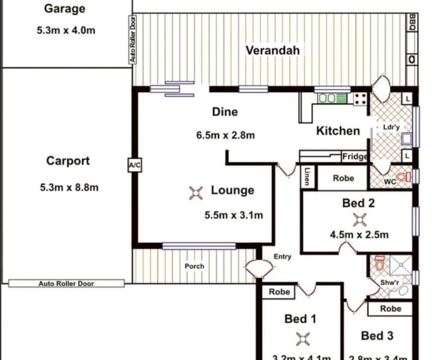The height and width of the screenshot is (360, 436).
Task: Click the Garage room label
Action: click(x=64, y=9)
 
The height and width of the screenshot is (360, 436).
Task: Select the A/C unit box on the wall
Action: click(x=134, y=165)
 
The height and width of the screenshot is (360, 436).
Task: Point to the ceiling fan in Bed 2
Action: click(x=359, y=219)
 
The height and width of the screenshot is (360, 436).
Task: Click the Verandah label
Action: click(x=273, y=51)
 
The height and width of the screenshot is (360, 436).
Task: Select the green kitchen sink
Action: click(x=333, y=98)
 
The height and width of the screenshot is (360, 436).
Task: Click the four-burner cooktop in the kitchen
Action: click(x=360, y=98)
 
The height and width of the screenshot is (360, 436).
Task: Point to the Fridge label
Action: click(x=355, y=156)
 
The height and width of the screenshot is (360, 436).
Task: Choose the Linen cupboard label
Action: click(x=307, y=177)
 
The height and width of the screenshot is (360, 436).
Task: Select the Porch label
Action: click(x=194, y=266)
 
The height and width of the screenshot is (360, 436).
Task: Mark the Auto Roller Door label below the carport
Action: click(x=66, y=284)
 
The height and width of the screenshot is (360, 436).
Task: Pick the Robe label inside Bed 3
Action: click(x=390, y=309)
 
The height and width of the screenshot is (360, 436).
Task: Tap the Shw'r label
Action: click(x=390, y=283)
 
